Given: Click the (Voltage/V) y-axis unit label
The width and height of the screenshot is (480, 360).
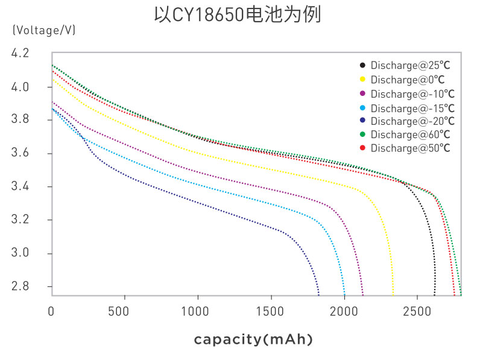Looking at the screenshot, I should pos(43,30).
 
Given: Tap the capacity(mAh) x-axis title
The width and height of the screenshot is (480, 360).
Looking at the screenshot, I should pos(253,340).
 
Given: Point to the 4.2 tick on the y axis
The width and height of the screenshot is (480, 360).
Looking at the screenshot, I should pos(20,54).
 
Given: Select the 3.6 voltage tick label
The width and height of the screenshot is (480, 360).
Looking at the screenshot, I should pos(20,153).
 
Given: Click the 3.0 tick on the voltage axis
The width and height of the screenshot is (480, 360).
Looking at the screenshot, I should pos(20,253).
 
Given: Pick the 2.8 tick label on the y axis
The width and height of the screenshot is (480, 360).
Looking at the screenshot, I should pos(20,286).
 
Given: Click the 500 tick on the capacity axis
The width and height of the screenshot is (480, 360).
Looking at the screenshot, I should pos(124,312).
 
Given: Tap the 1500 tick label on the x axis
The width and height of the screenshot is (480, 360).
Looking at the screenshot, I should pos(271,312).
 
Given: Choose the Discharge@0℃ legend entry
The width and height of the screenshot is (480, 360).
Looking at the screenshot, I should pos(408,80).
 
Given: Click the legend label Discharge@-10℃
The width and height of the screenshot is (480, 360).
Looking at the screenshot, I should pos(412,94).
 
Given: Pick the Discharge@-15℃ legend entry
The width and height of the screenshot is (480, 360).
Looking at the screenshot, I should pos(412,109).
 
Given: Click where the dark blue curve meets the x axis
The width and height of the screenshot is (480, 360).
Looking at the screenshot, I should pos(318,294).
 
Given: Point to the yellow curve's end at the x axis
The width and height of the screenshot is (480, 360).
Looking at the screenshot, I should pos(393,294).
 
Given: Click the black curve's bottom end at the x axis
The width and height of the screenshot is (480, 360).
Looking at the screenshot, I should pos(434,294).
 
